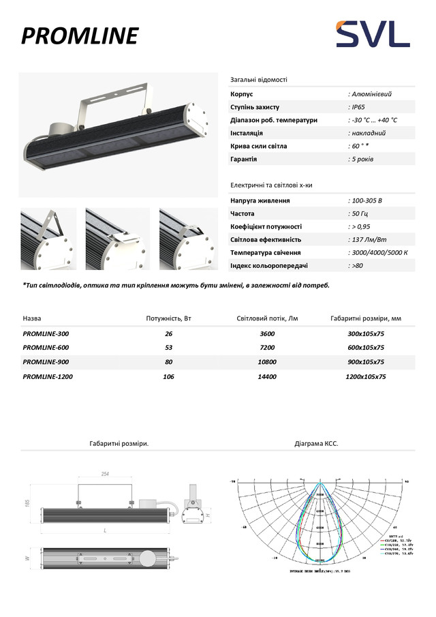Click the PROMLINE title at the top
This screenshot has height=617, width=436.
(80, 35)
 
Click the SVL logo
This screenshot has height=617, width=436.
(371, 34)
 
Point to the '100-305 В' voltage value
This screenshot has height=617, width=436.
(367, 201)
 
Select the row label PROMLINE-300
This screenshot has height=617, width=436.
(46, 334)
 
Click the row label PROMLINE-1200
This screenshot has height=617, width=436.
(48, 376)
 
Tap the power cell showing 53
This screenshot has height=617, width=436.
(168, 348)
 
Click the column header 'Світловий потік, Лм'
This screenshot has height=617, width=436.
(267, 318)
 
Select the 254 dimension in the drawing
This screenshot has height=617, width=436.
(105, 474)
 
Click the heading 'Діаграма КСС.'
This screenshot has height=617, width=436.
(316, 444)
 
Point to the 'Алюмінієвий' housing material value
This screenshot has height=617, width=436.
(371, 94)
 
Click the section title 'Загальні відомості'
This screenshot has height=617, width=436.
(259, 79)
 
